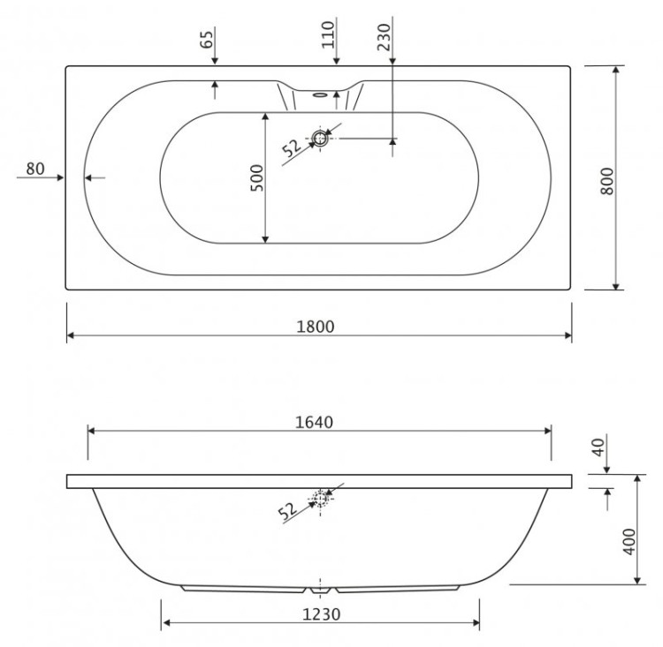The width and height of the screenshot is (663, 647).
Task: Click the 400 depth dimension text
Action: tap(629, 540)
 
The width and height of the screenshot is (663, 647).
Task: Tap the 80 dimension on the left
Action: tap(35, 169)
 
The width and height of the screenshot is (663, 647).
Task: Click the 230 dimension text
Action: tap(382, 39)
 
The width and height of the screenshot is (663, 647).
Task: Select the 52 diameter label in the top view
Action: tap(292, 147)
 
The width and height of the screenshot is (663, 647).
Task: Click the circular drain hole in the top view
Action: tap(319, 139)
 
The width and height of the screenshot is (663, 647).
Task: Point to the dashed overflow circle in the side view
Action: tap(320, 500)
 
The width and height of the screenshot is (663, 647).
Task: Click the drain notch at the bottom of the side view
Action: tap(320, 586)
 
